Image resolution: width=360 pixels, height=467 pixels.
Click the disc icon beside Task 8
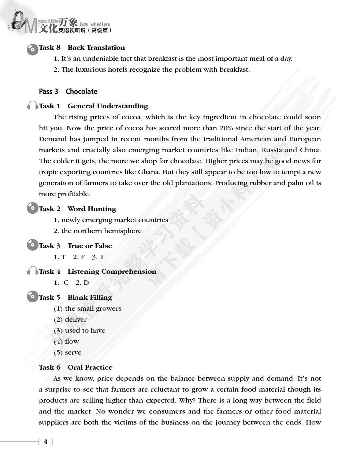coord(32,49)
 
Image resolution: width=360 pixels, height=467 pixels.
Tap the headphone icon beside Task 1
coord(32,106)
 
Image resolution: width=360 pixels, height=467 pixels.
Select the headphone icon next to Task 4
coord(32,271)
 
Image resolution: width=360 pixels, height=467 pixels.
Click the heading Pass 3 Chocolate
coord(68,91)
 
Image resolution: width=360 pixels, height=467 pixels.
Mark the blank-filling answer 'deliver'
coord(76,320)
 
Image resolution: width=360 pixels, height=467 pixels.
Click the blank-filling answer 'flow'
coord(72,341)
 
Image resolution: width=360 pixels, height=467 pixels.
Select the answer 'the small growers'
coord(93,309)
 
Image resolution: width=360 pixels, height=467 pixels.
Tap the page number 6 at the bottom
coord(46,442)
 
